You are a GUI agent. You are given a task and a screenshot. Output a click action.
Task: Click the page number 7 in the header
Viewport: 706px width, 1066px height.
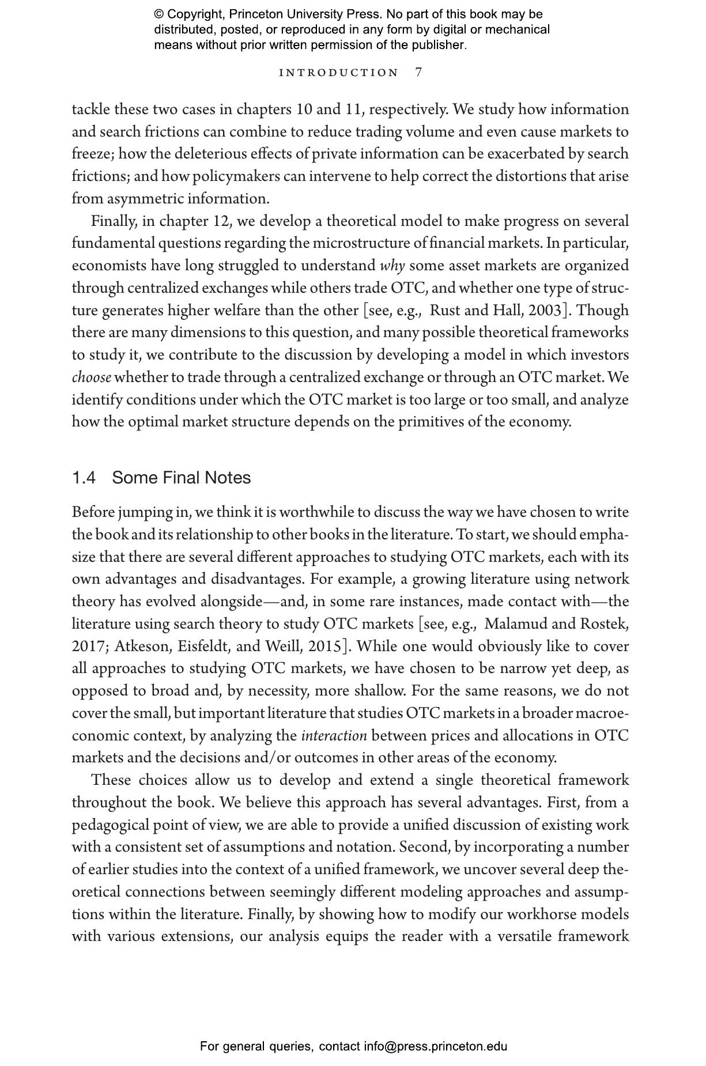[x=418, y=72]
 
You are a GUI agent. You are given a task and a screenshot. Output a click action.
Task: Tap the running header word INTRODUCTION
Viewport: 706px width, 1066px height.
[x=339, y=73]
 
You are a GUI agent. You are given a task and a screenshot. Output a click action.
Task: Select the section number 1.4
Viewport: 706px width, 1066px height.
[x=84, y=478]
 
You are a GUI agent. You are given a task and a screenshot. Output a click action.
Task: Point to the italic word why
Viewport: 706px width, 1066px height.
[x=392, y=266]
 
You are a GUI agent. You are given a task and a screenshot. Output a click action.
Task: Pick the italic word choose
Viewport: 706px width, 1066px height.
[x=91, y=377]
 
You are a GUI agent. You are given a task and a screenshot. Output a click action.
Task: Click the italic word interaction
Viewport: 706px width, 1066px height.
[x=334, y=736]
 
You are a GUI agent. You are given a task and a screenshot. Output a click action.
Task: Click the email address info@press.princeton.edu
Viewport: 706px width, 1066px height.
[x=435, y=1046]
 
